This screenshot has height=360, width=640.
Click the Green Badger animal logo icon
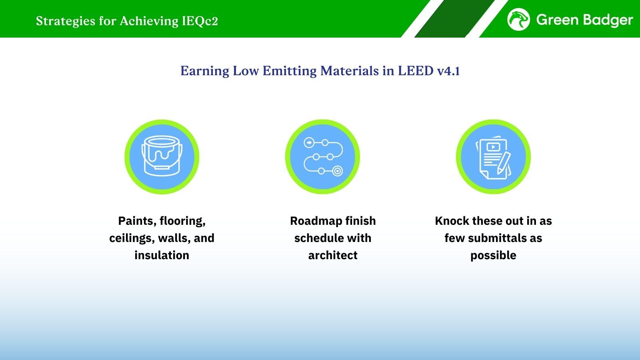click(518, 20)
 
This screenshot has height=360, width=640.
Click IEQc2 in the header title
click(200, 21)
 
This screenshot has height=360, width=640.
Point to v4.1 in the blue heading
click(448, 71)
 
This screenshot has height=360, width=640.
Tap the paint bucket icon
click(162, 156)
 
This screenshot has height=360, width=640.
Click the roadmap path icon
click(323, 157)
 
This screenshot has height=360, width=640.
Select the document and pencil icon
click(493, 158)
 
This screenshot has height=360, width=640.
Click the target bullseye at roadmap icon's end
click(338, 171)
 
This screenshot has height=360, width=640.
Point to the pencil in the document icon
click(504, 163)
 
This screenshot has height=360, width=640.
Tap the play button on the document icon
click(493, 147)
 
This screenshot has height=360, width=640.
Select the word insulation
click(162, 255)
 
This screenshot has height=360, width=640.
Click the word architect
click(333, 255)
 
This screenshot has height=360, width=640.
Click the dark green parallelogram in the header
click(454, 18)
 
